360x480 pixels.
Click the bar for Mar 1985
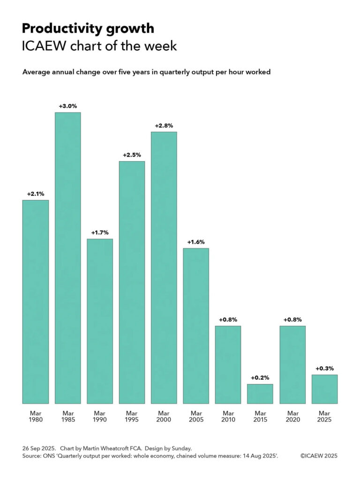pyautogui.click(x=67, y=258)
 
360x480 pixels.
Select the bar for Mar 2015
pyautogui.click(x=260, y=394)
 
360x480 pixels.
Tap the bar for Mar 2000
pyautogui.click(x=164, y=267)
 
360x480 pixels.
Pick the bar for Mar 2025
pyautogui.click(x=324, y=389)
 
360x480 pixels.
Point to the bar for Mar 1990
pyautogui.click(x=100, y=321)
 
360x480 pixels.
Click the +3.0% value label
pyautogui.click(x=67, y=106)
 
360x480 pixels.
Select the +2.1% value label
pyautogui.click(x=36, y=194)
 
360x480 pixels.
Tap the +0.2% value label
pyautogui.click(x=260, y=378)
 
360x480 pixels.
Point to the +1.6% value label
pyautogui.click(x=196, y=242)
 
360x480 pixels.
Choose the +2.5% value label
pyautogui.click(x=132, y=155)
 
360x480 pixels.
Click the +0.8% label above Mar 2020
pyautogui.click(x=292, y=320)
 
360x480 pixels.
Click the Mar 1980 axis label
pyautogui.click(x=36, y=416)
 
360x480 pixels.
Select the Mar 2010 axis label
pyautogui.click(x=228, y=416)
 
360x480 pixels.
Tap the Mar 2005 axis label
pyautogui.click(x=196, y=416)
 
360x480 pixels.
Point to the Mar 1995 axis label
pyautogui.click(x=132, y=416)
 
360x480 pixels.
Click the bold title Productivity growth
pyautogui.click(x=88, y=29)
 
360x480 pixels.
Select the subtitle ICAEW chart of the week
pyautogui.click(x=99, y=46)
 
